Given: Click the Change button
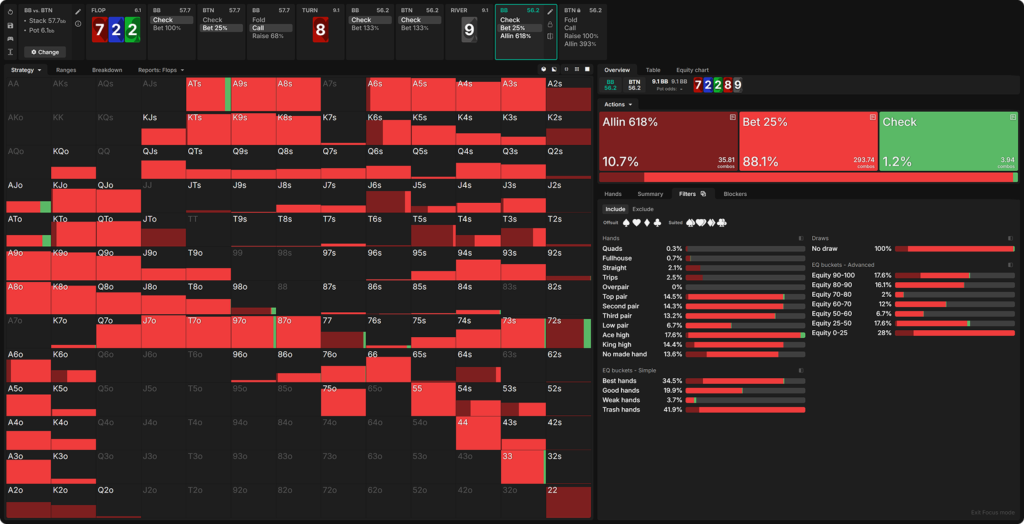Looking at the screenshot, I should [45, 52].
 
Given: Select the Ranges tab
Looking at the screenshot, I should [66, 70].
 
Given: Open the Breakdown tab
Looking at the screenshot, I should [107, 70].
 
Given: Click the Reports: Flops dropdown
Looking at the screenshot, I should [161, 70].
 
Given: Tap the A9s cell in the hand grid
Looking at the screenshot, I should [253, 95].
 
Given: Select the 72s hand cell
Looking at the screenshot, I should [568, 331].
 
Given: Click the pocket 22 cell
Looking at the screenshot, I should [568, 501].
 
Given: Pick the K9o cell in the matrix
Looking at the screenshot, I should [74, 264].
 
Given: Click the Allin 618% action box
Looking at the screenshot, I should [668, 141].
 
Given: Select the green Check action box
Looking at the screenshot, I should [948, 141].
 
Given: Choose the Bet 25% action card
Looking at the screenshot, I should [808, 141].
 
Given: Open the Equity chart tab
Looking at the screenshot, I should [692, 70].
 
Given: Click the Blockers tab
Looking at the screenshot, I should [735, 194].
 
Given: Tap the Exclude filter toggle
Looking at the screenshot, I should [643, 209].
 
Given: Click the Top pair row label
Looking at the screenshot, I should [614, 297].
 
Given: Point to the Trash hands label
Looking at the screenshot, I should [621, 409].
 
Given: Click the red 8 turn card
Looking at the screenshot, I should [321, 29].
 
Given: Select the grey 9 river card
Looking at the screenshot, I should [469, 29].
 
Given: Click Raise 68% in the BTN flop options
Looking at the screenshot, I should [268, 36].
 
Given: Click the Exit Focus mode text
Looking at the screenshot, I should [992, 512].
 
